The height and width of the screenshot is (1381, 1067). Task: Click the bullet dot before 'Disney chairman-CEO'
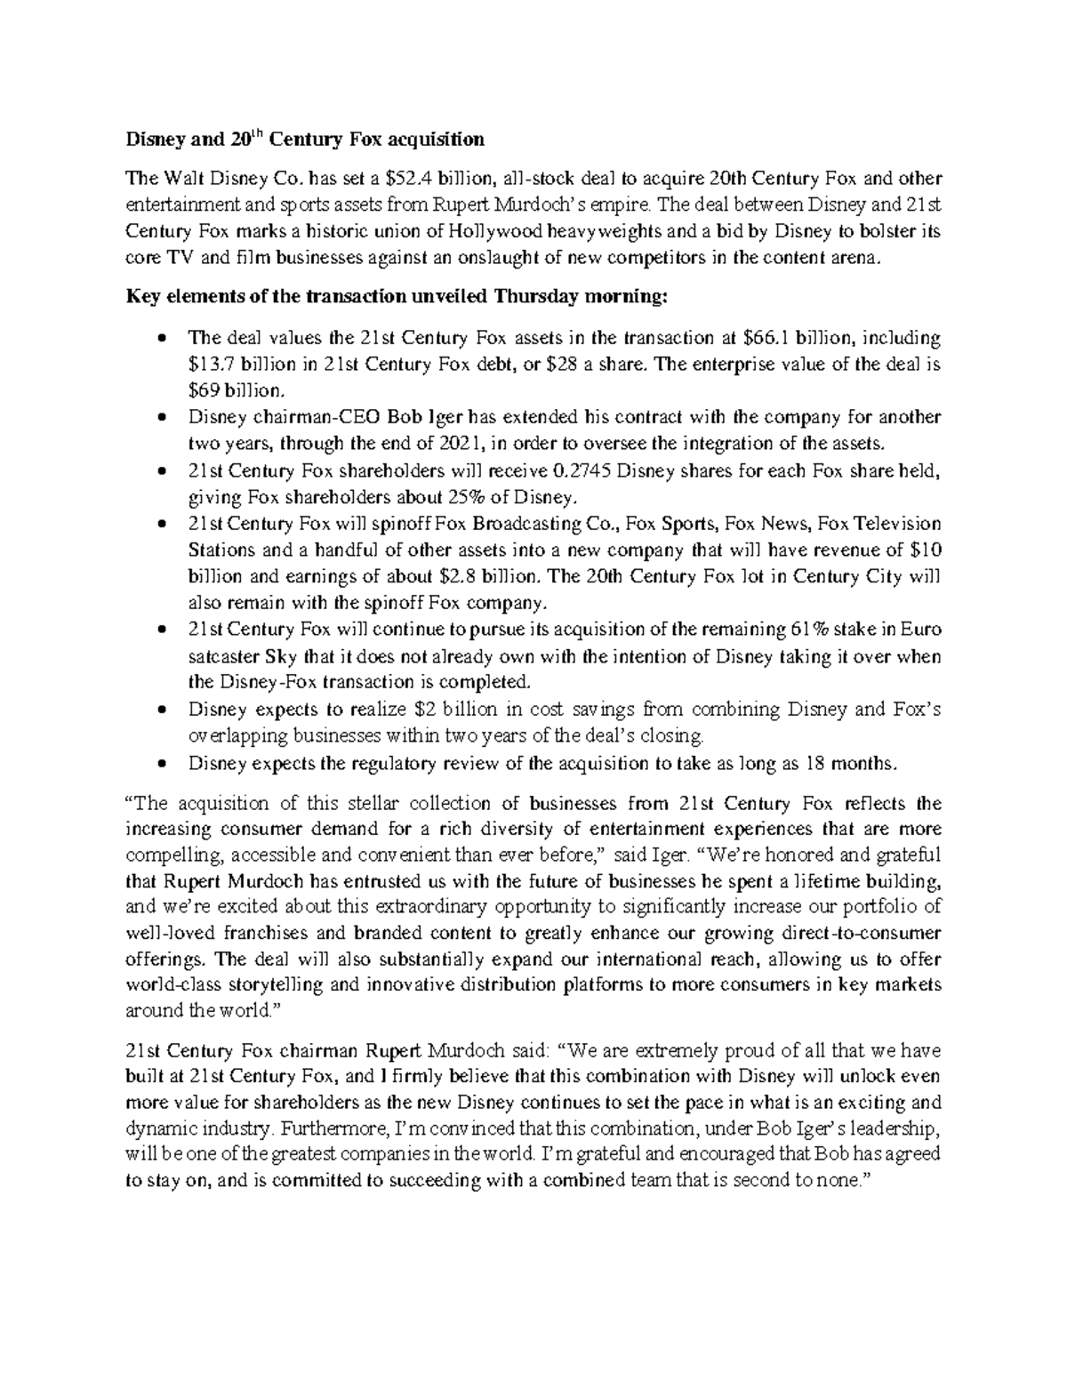tap(160, 418)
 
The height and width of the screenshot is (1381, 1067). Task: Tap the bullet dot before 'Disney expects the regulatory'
tap(160, 764)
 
